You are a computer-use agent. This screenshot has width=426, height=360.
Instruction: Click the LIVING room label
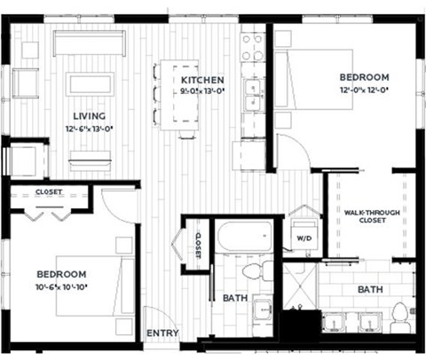(x=90, y=115)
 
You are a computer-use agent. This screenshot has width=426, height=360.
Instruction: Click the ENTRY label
(x=162, y=333)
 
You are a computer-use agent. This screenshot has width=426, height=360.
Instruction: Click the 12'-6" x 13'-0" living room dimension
(x=90, y=129)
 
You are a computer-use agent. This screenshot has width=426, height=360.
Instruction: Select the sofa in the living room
(x=88, y=43)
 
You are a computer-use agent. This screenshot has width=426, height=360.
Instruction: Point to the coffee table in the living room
(x=90, y=84)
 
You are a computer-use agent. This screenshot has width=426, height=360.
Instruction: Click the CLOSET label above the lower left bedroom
(x=48, y=191)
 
